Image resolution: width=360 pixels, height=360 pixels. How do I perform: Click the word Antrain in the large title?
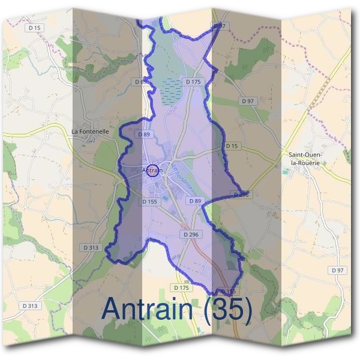click(x=150, y=308)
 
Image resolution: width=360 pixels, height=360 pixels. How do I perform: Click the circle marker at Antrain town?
click(x=153, y=170)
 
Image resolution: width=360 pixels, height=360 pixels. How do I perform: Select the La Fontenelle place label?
click(x=90, y=131)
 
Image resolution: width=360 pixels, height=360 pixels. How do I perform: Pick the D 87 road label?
click(x=220, y=26)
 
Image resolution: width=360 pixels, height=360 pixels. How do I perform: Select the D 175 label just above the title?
click(x=182, y=288)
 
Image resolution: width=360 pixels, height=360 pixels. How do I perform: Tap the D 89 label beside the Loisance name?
click(x=195, y=202)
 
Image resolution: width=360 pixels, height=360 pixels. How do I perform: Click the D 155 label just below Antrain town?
click(x=150, y=202)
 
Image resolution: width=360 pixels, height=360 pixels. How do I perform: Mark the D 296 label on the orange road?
click(x=190, y=235)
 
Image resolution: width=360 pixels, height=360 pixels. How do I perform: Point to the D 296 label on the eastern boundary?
click(x=240, y=194)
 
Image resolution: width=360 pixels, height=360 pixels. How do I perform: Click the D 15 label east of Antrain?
click(x=232, y=146)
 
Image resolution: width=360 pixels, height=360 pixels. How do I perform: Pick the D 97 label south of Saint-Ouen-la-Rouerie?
click(x=338, y=271)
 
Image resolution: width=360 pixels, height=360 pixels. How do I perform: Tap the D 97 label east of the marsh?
click(x=248, y=101)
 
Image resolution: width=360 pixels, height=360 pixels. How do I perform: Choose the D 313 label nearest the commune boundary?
click(x=91, y=247)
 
